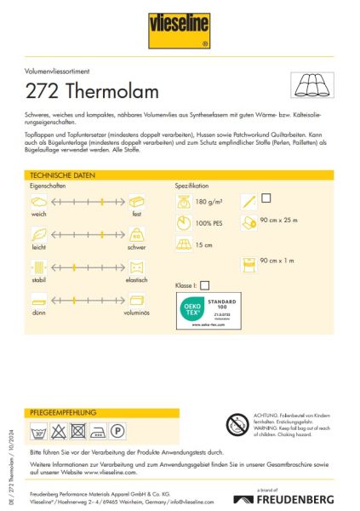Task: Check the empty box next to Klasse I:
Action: pos(204,285)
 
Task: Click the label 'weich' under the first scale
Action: pos(38,214)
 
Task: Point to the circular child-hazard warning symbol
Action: pos(237,422)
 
